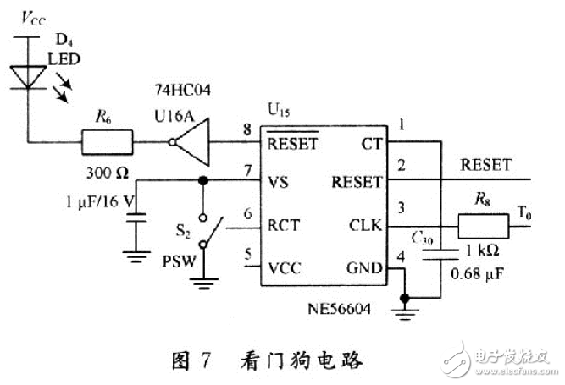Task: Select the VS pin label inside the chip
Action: click(279, 181)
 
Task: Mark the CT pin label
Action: click(371, 142)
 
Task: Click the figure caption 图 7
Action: click(190, 361)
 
